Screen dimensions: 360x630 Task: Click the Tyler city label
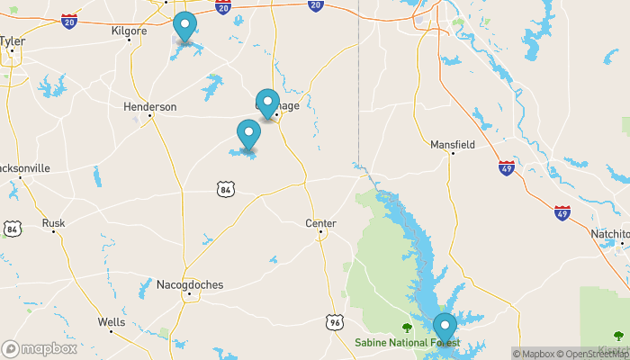13,40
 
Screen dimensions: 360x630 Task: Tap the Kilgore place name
128,31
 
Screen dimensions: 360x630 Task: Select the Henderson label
149,106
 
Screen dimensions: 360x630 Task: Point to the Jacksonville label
24,168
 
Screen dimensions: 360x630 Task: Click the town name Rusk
53,223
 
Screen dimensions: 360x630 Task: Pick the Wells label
112,321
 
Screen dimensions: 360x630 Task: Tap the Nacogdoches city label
189,284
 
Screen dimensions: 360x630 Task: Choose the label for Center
320,223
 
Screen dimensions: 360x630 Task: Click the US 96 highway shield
334,320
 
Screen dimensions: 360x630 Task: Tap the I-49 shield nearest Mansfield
507,168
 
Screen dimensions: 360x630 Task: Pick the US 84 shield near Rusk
12,229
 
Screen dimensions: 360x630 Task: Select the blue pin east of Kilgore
185,27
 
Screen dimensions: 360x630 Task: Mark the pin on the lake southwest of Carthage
248,134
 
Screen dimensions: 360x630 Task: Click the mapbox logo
39,348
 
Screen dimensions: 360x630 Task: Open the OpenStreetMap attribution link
590,354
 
